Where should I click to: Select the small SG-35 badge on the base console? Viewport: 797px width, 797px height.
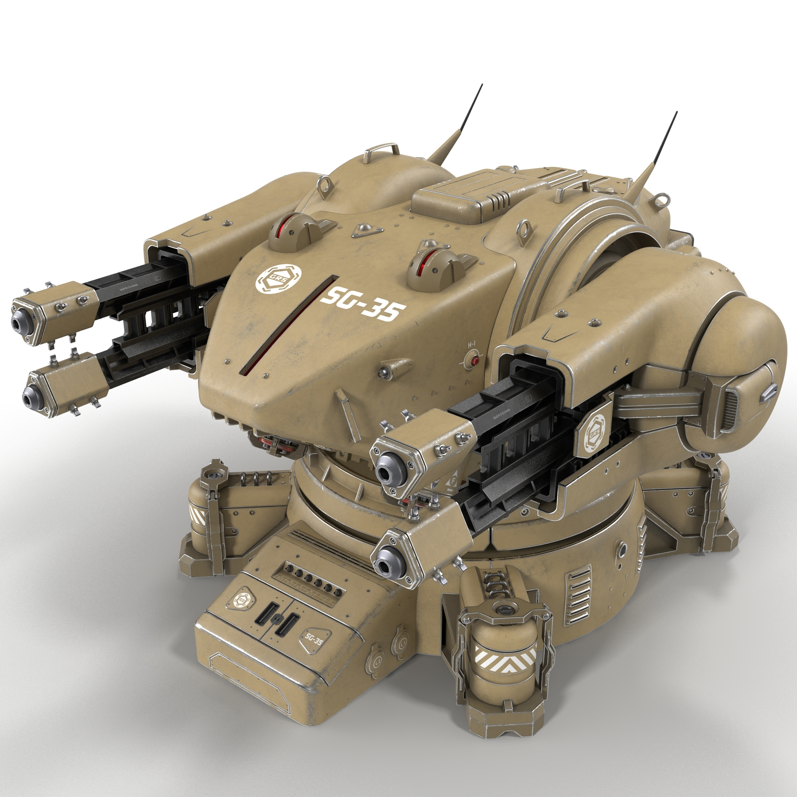pyautogui.click(x=312, y=640)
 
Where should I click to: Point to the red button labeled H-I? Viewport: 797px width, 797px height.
pyautogui.click(x=475, y=360)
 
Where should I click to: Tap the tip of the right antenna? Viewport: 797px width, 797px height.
pyautogui.click(x=676, y=113)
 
